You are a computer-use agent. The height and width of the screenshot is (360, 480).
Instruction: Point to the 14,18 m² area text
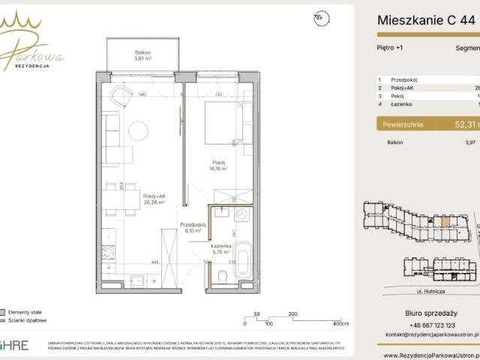coord(218,169)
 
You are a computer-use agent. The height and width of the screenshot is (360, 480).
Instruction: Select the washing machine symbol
coord(242,214)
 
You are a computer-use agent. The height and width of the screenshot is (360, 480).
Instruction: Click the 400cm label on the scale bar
coord(340,323)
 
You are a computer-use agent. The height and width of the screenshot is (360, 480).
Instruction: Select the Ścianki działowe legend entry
coord(28,320)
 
